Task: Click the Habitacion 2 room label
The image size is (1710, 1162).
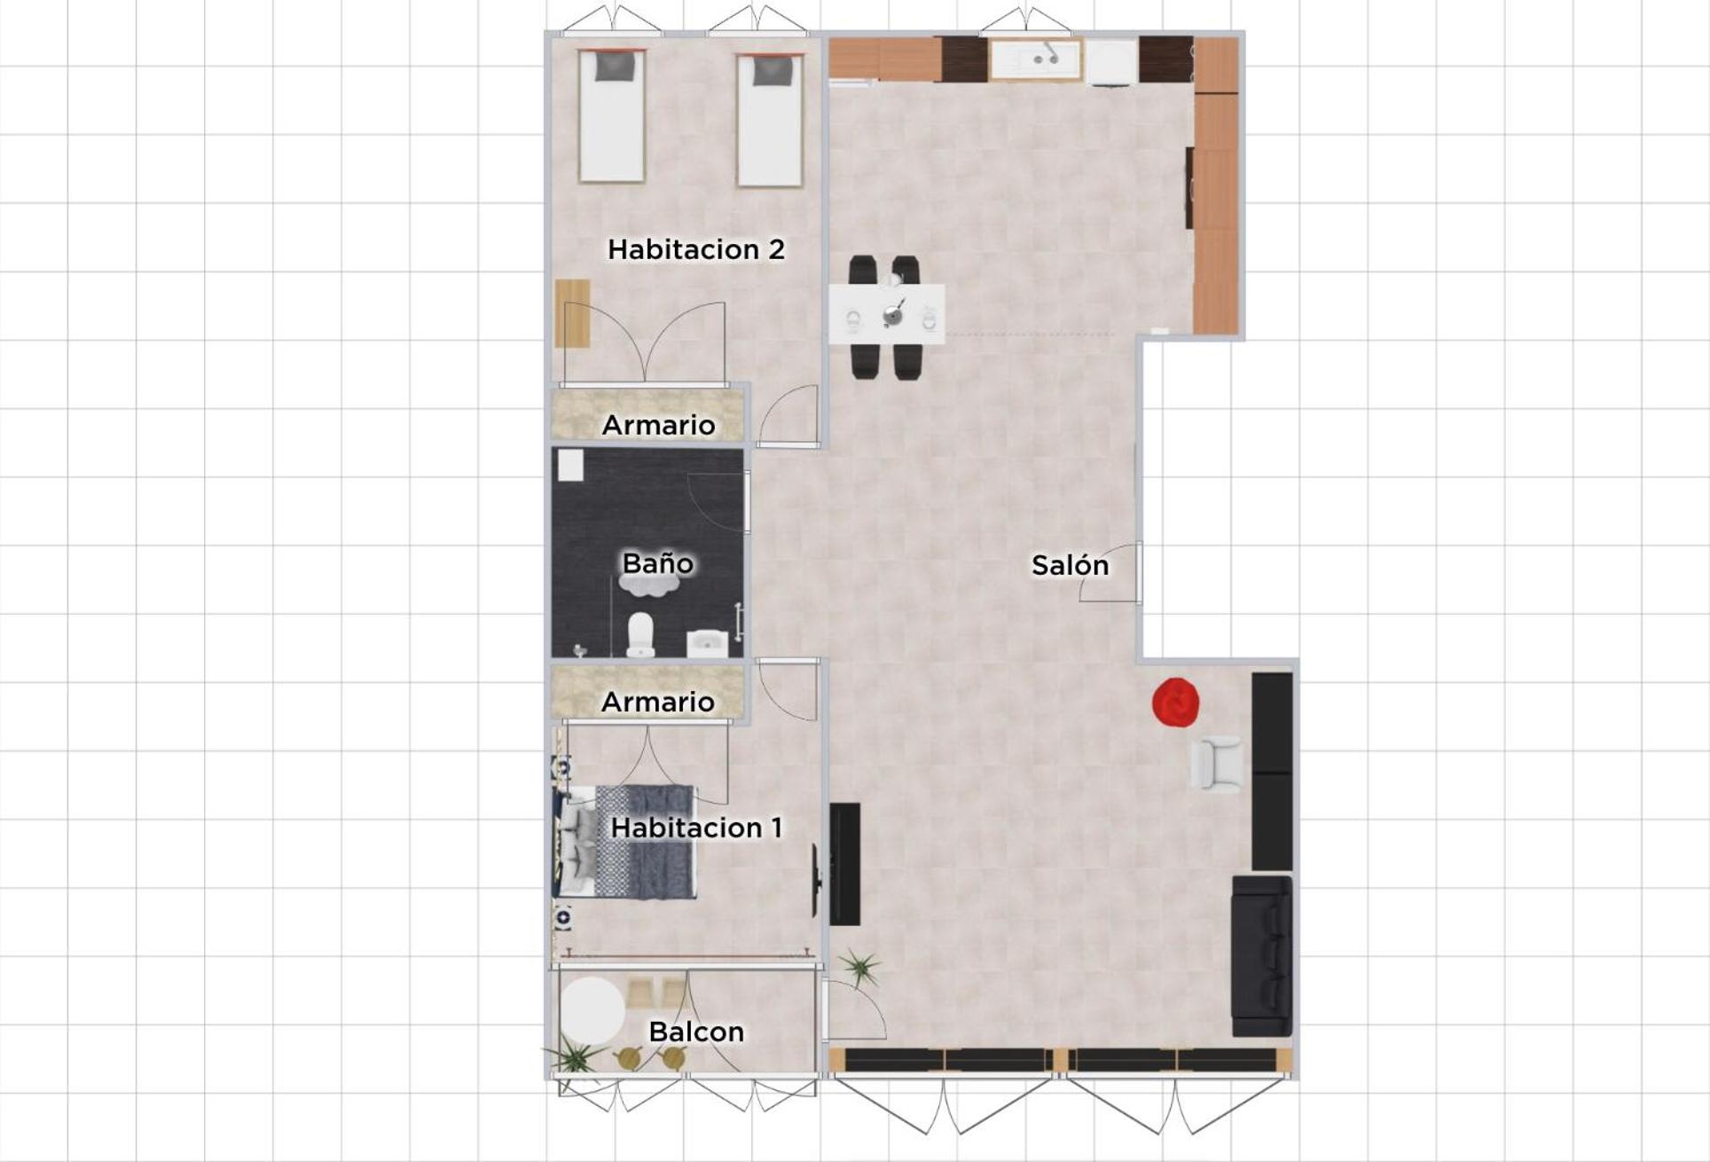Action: point(696,249)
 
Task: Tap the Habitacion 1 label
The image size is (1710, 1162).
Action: point(696,828)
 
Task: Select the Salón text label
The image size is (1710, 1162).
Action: point(1070,565)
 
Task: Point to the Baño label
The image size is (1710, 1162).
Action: point(657,563)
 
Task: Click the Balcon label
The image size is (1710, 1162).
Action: point(696,1032)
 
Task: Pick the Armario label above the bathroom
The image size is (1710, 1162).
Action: point(658,425)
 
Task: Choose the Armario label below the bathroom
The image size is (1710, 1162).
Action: point(658,702)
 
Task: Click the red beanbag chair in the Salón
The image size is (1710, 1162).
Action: point(1176,703)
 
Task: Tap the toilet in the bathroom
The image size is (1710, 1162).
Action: point(640,634)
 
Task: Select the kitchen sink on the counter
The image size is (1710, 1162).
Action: point(1037,59)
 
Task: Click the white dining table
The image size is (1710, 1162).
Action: point(887,314)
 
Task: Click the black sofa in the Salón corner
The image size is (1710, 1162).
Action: point(1261,956)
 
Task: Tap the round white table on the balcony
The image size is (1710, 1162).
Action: point(592,1010)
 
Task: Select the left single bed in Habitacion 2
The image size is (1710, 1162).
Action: point(611,116)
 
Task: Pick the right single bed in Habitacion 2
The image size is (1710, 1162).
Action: point(769,121)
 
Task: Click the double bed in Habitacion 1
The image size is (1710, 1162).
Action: point(626,842)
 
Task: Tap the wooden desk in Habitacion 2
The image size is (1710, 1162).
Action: point(572,313)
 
